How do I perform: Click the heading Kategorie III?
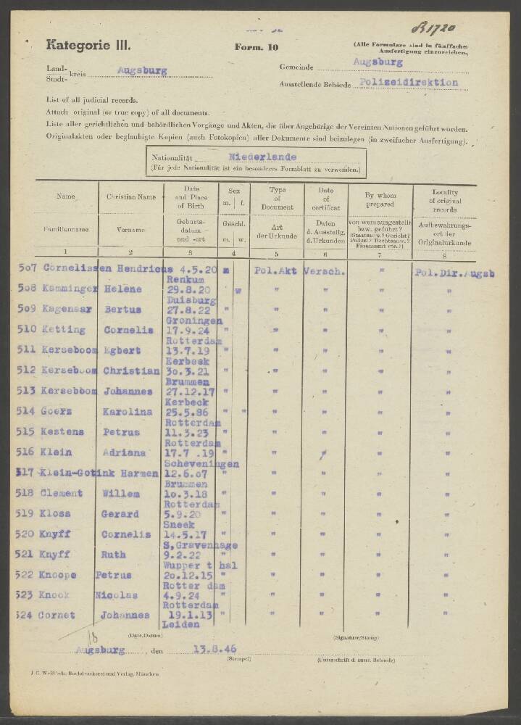(x=88, y=45)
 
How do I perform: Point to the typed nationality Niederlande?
(x=261, y=156)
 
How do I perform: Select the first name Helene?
(x=125, y=289)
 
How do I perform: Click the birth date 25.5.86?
(x=183, y=412)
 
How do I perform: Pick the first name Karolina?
(x=130, y=412)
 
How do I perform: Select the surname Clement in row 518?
(x=62, y=494)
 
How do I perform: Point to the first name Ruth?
(x=112, y=555)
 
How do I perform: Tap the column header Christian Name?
(x=131, y=196)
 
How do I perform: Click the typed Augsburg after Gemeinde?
(x=378, y=62)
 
